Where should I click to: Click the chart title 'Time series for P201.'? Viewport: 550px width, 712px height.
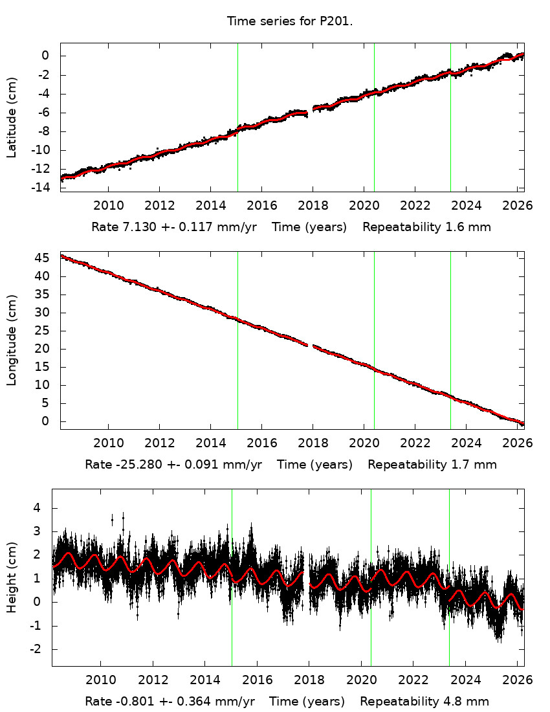(289, 21)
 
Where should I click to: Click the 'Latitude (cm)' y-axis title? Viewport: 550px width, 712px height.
(12, 118)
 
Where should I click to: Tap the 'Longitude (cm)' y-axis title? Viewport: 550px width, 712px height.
(12, 340)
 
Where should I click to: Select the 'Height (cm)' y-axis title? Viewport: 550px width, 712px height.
(12, 578)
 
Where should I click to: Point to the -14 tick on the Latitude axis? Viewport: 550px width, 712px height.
(43, 188)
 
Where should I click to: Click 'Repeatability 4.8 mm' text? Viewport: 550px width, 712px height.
(424, 701)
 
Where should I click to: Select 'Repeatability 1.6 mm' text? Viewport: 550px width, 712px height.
(426, 227)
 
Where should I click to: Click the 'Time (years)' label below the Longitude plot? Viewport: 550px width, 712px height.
(314, 464)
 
